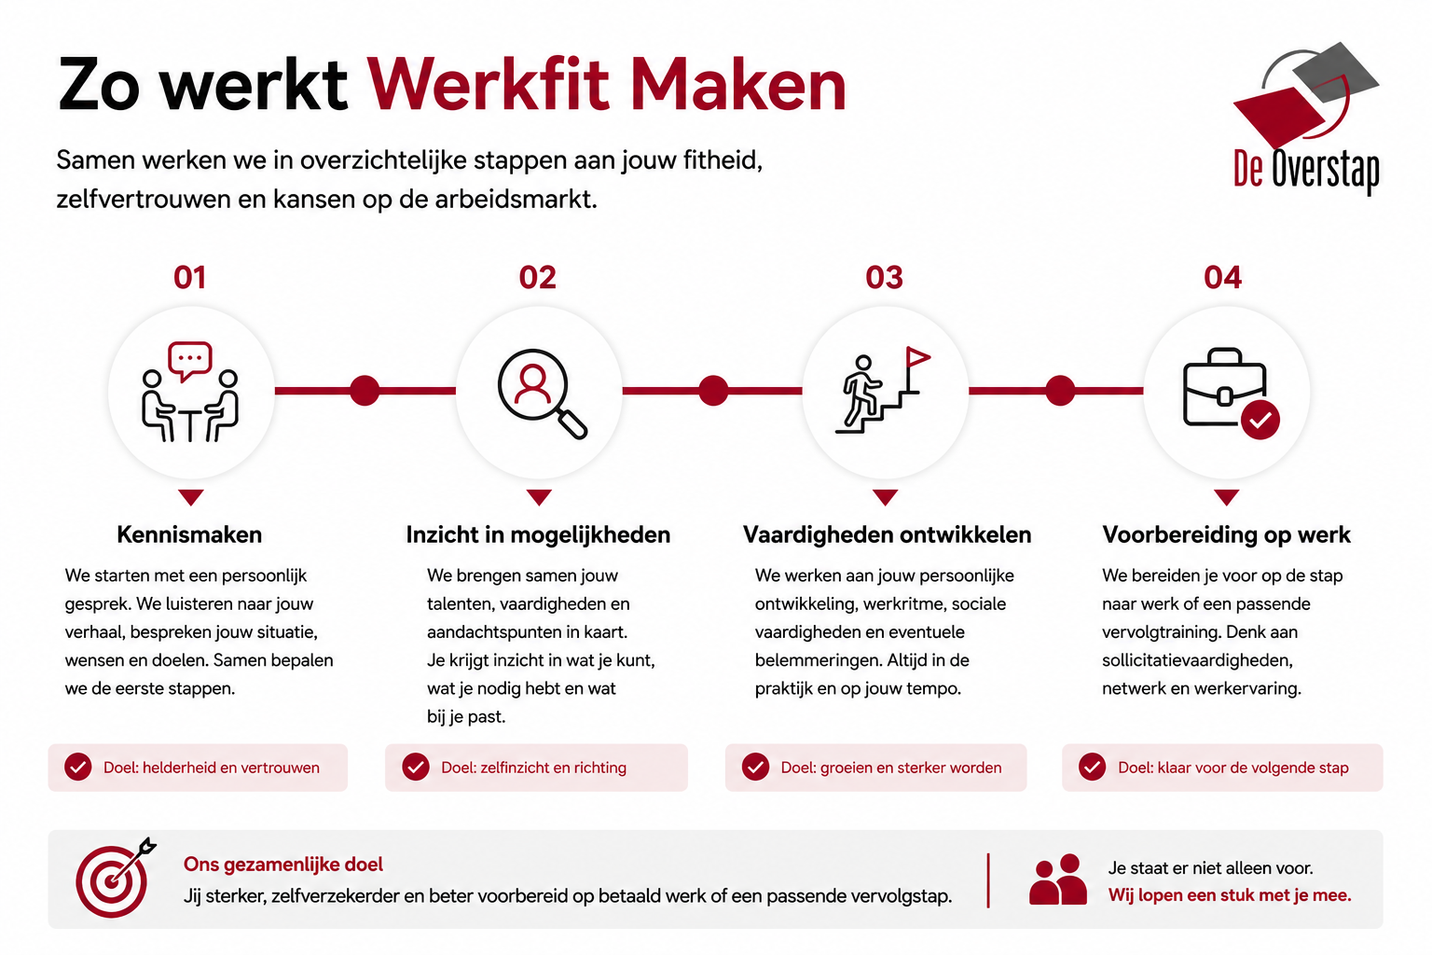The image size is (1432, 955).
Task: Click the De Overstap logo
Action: pyautogui.click(x=1306, y=118)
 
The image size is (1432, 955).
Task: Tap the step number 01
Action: pyautogui.click(x=190, y=278)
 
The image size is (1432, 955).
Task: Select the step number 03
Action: pyautogui.click(x=884, y=278)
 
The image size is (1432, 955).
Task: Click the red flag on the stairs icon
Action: pyautogui.click(x=918, y=357)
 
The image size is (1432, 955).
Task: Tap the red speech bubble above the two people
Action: pyautogui.click(x=190, y=361)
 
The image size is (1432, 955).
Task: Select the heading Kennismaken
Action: pyautogui.click(x=189, y=534)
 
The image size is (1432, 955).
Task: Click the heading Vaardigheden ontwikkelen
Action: pyautogui.click(x=887, y=534)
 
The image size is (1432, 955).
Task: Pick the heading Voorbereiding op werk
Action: pyautogui.click(x=1226, y=534)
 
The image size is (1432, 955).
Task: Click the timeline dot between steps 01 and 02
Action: pyautogui.click(x=365, y=390)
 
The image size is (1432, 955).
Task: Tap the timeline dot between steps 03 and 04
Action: pyautogui.click(x=1060, y=390)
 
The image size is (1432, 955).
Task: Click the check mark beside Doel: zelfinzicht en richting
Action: pyautogui.click(x=416, y=767)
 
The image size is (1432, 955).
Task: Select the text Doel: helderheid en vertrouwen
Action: pyautogui.click(x=211, y=768)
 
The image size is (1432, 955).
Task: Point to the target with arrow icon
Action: pyautogui.click(x=116, y=878)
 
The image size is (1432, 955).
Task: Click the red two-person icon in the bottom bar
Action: pyautogui.click(x=1057, y=879)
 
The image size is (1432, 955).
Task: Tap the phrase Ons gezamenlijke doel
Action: pyautogui.click(x=283, y=865)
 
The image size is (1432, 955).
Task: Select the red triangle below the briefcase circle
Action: pyautogui.click(x=1226, y=498)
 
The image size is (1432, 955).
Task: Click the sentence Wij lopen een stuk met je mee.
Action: pyautogui.click(x=1230, y=895)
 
